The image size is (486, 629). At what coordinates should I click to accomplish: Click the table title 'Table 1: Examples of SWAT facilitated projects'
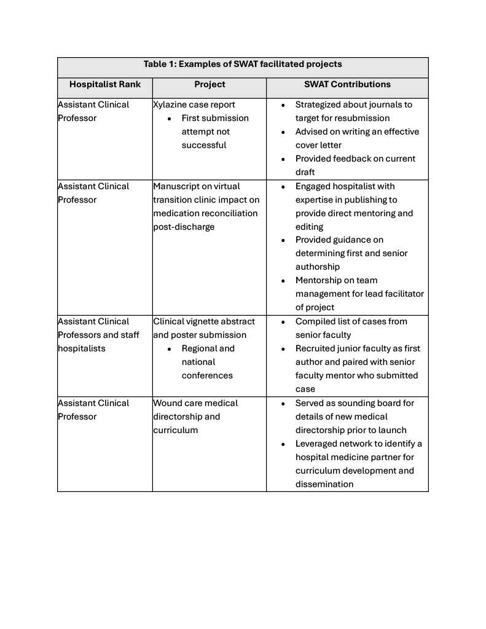tap(243, 64)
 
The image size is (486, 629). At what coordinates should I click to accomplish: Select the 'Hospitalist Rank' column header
tap(105, 84)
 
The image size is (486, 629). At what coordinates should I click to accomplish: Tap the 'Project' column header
tap(210, 84)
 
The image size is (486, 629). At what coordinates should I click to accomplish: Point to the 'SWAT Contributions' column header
tap(347, 84)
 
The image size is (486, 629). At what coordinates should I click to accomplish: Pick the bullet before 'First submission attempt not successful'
tap(170, 118)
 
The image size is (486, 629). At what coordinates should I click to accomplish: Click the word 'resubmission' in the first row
tap(362, 118)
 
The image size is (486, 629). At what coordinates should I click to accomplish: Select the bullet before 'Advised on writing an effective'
tap(283, 131)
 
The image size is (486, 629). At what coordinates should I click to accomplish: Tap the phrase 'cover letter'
tap(318, 145)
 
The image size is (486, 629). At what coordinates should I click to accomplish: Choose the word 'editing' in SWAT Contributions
tap(309, 227)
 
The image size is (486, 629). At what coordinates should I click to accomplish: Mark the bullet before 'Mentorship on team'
tap(283, 280)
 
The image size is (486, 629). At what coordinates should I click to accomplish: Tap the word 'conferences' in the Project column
tap(207, 375)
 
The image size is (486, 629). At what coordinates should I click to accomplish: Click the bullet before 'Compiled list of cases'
tap(283, 321)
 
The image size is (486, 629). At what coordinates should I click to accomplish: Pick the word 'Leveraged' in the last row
tap(318, 443)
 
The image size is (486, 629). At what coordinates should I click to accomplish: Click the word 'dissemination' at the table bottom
tap(324, 484)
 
